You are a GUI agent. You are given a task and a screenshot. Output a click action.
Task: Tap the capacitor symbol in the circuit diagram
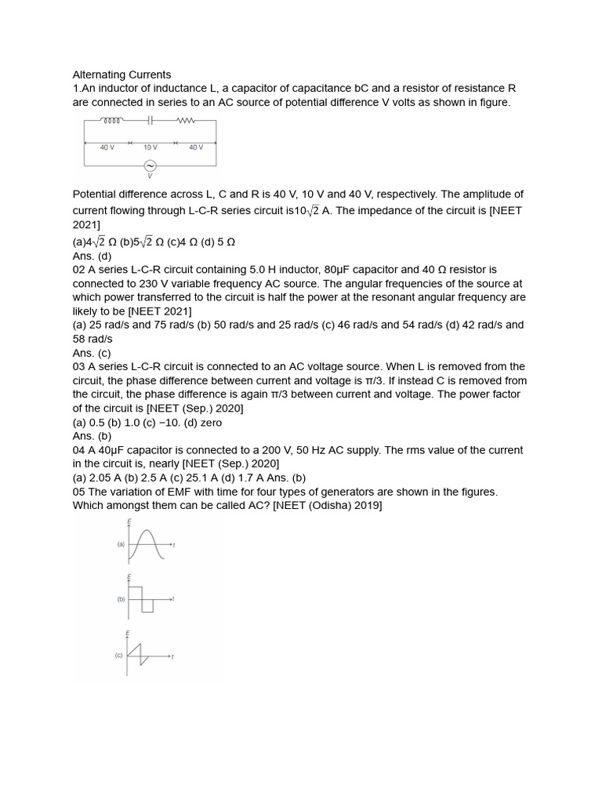pyautogui.click(x=150, y=121)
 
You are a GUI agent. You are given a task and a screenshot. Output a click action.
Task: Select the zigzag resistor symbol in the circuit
pyautogui.click(x=187, y=121)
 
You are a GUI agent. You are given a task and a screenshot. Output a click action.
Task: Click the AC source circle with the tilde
pyautogui.click(x=150, y=165)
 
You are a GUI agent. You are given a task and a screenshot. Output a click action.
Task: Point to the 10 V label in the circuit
pyautogui.click(x=150, y=147)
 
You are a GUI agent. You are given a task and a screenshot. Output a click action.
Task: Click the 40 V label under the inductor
pyautogui.click(x=107, y=147)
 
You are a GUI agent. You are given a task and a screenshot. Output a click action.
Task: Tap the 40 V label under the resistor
pyautogui.click(x=195, y=147)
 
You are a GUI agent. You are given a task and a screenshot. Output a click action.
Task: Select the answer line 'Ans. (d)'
pyautogui.click(x=92, y=256)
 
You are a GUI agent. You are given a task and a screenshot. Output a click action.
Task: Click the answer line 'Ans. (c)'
pyautogui.click(x=92, y=353)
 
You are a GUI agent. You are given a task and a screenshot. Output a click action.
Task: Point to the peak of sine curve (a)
pyautogui.click(x=145, y=532)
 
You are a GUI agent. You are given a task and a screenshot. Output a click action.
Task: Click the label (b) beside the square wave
pyautogui.click(x=121, y=599)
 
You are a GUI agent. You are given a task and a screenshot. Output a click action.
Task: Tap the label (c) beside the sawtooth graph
pyautogui.click(x=120, y=655)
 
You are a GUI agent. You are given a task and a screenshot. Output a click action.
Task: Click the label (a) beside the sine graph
pyautogui.click(x=121, y=543)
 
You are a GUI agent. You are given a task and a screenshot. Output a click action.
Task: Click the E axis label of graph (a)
pyautogui.click(x=129, y=522)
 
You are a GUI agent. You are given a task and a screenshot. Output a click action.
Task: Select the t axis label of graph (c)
pyautogui.click(x=172, y=656)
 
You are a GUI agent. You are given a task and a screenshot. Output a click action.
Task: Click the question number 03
pyautogui.click(x=79, y=366)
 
